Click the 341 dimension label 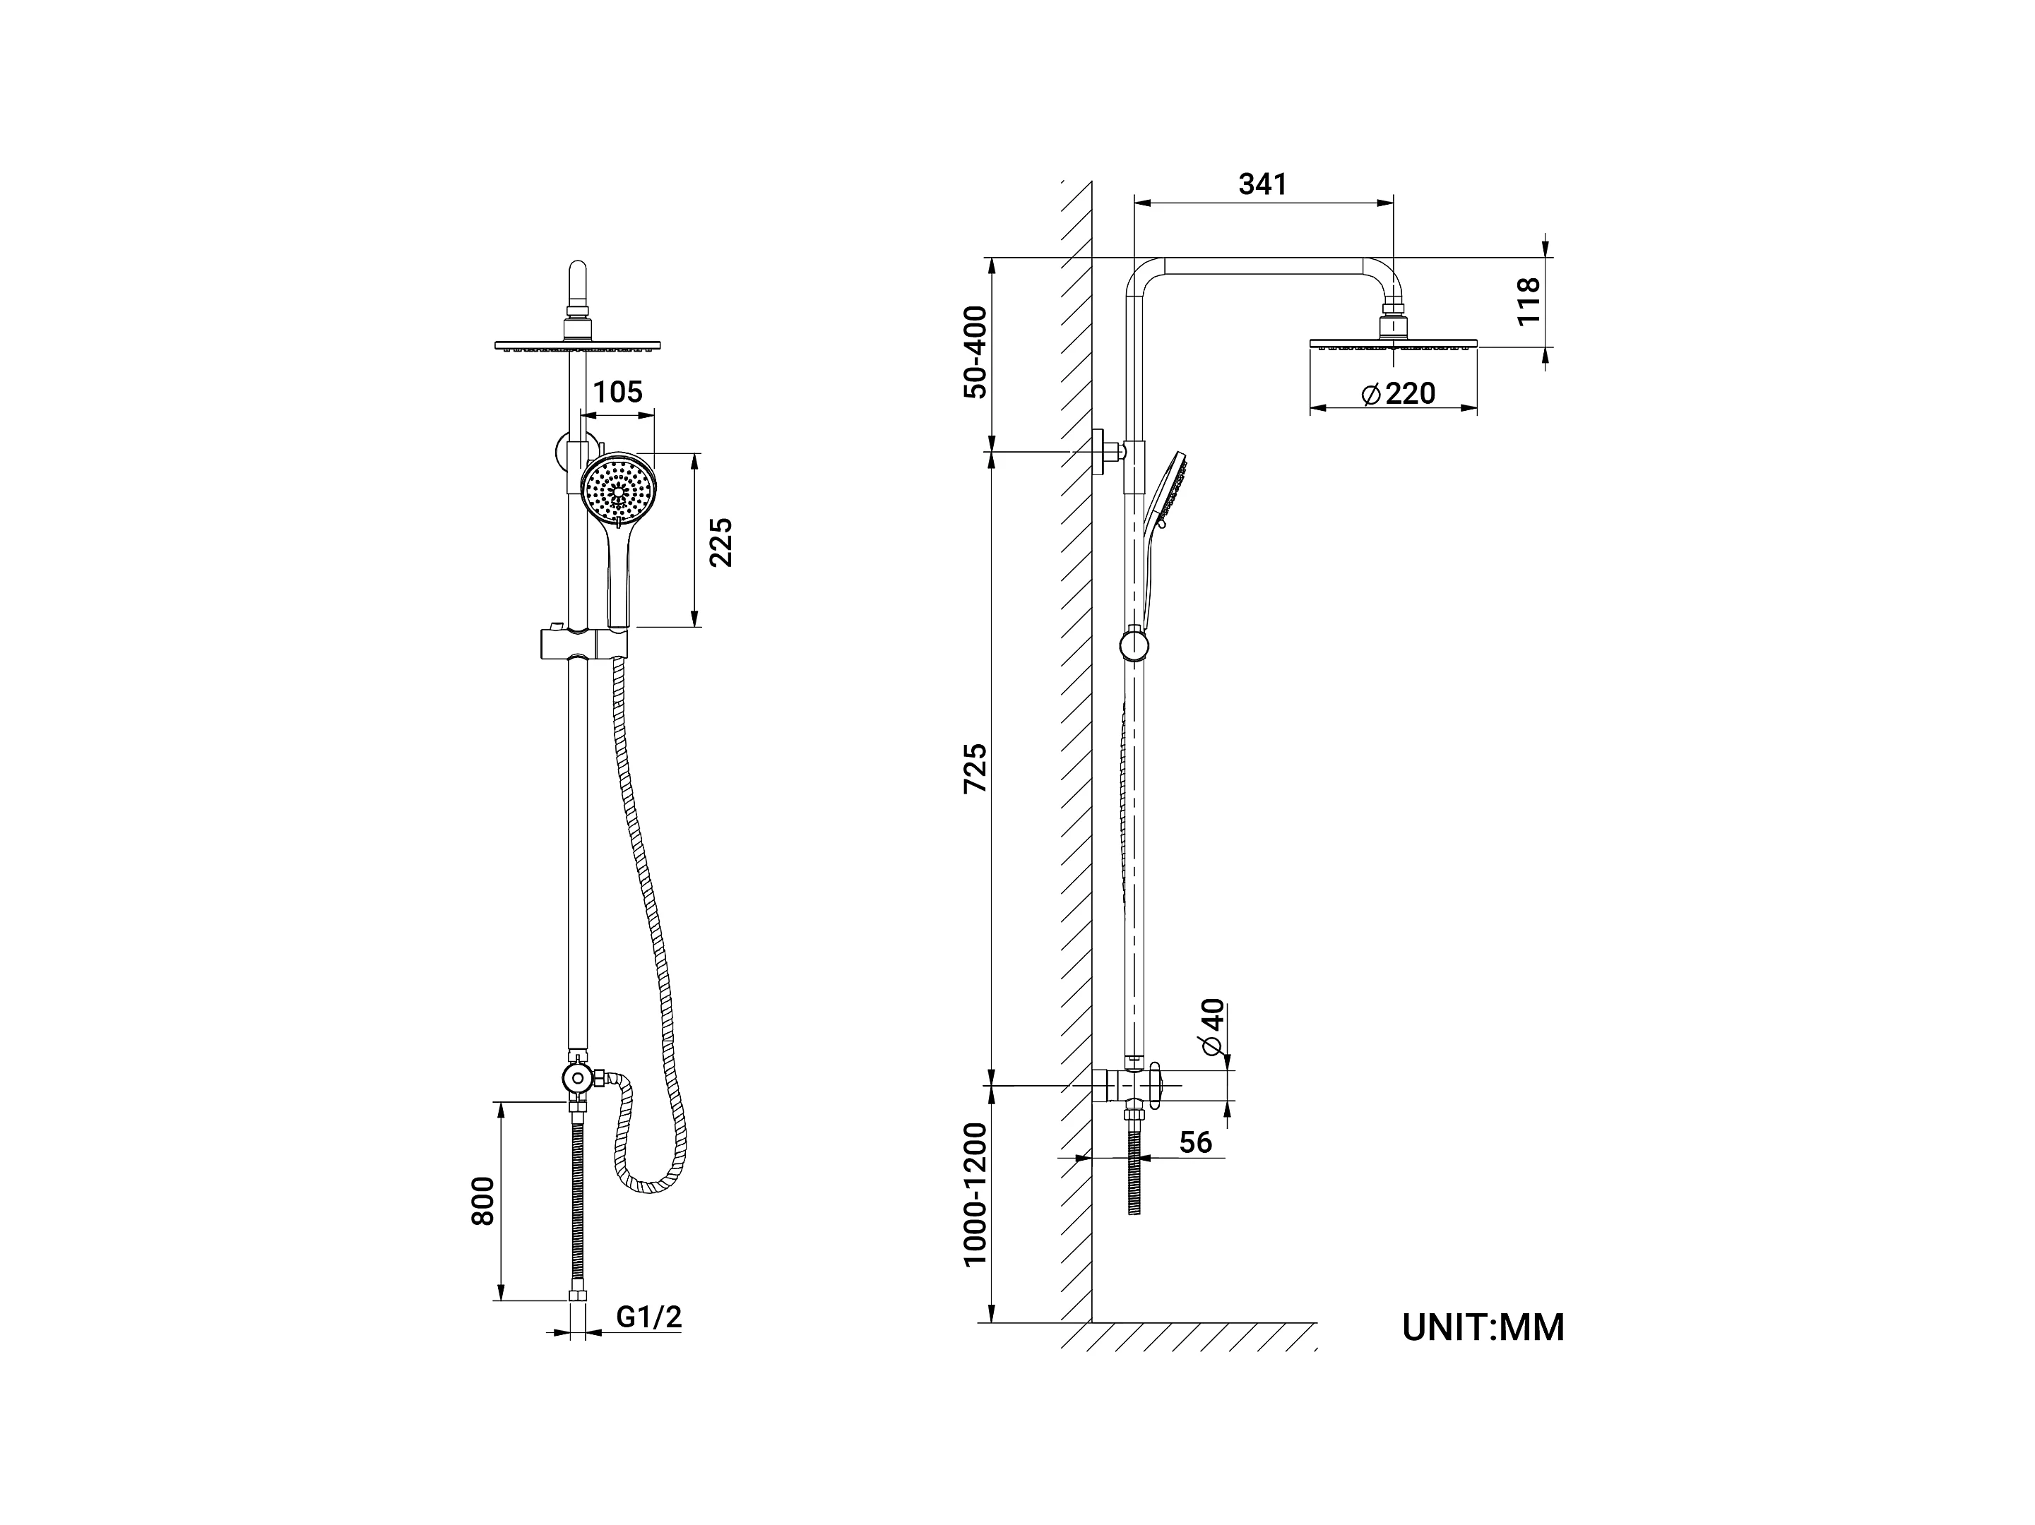[1262, 184]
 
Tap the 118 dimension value [1528, 301]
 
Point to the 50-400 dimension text [975, 352]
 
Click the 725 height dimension [975, 768]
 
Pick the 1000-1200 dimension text [975, 1195]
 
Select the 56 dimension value [1195, 1142]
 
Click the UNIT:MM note [1483, 1328]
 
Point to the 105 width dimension [617, 393]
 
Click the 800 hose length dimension [483, 1200]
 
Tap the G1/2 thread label [648, 1317]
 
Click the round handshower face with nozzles [618, 487]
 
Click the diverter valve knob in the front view [577, 1076]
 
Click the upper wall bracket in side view [1107, 452]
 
